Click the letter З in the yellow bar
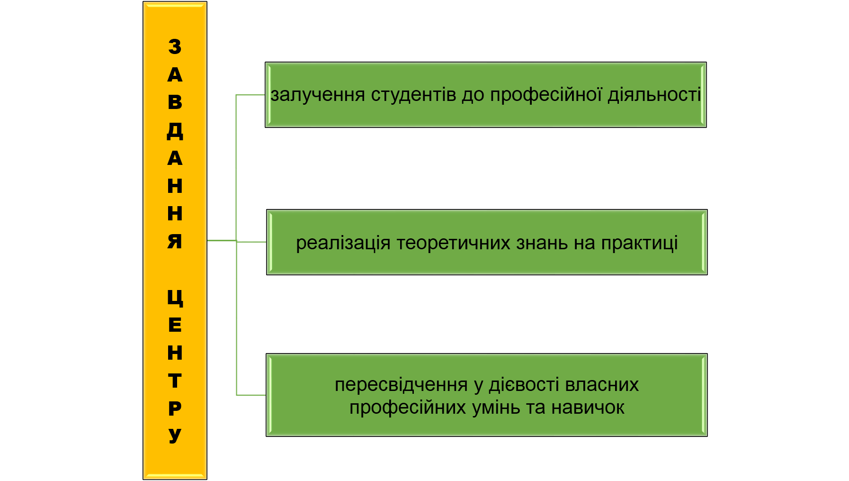click(175, 46)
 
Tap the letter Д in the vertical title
click(175, 130)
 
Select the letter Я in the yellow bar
click(175, 241)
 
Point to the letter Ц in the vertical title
click(175, 298)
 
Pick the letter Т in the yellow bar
click(175, 381)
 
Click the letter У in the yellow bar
click(175, 435)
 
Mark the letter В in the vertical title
click(175, 102)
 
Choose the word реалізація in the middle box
click(343, 243)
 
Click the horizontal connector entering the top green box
click(250, 95)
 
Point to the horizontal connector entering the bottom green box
click(251, 394)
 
